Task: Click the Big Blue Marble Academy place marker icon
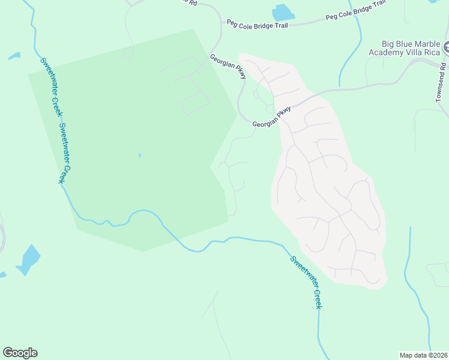pyautogui.click(x=446, y=46)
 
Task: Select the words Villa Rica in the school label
pyautogui.click(x=424, y=52)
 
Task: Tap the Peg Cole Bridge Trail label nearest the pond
pyautogui.click(x=257, y=25)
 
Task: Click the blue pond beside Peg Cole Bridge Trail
pyautogui.click(x=282, y=12)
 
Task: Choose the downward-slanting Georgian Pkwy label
pyautogui.click(x=228, y=66)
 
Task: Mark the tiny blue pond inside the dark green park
pyautogui.click(x=139, y=156)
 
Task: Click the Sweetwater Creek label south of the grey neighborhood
pyautogui.click(x=306, y=283)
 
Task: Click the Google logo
pyautogui.click(x=20, y=353)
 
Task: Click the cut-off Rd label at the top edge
pyautogui.click(x=192, y=2)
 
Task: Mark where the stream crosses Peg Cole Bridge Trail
pyautogui.click(x=359, y=19)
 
